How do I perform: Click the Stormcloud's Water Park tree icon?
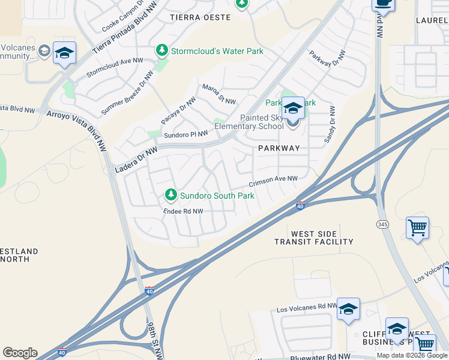(x=161, y=51)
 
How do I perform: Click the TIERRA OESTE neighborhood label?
(x=200, y=17)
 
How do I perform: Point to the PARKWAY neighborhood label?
(x=279, y=148)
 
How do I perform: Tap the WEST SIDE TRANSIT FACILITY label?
(x=314, y=238)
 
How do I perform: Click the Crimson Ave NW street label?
(x=274, y=179)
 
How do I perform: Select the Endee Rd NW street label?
(x=184, y=211)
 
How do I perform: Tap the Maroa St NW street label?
(x=218, y=94)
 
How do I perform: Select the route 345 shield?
(x=382, y=224)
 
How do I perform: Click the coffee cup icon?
(x=383, y=3)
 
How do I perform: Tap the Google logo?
(x=20, y=353)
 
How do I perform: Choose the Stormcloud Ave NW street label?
(x=115, y=67)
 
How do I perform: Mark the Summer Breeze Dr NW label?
(x=128, y=93)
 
